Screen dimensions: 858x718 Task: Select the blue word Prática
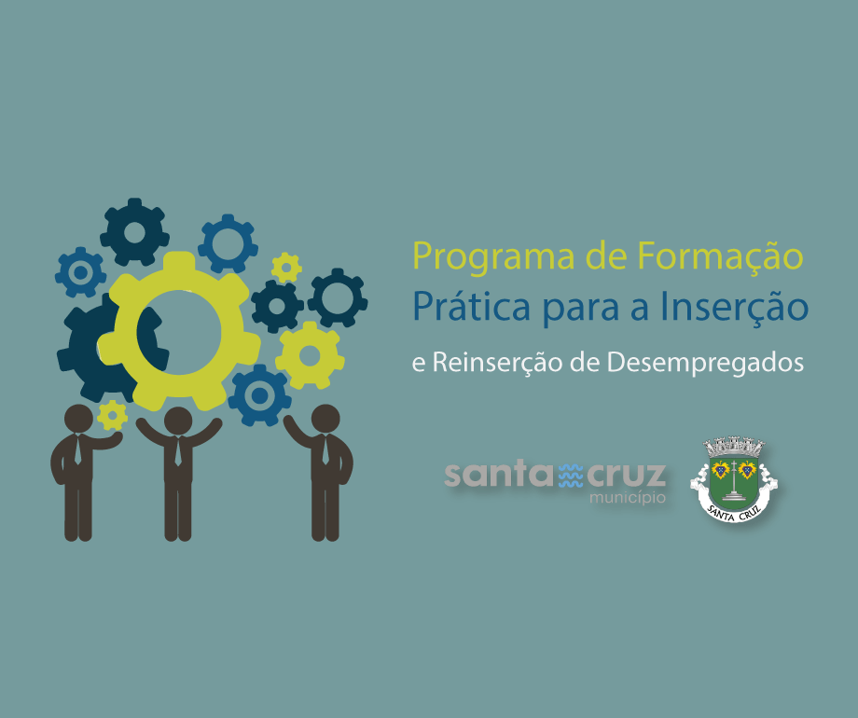[x=471, y=307]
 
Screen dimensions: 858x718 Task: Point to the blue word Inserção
[x=734, y=308]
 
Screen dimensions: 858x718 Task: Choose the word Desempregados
[x=705, y=363]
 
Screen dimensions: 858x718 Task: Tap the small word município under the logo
[x=628, y=498]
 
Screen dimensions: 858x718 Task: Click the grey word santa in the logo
[x=500, y=475]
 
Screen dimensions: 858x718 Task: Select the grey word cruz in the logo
[x=627, y=475]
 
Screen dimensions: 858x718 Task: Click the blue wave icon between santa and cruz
[x=571, y=476]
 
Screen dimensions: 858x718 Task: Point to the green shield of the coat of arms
[x=734, y=481]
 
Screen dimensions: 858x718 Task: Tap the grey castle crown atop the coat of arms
[x=734, y=446]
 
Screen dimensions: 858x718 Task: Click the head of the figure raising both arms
[x=178, y=421]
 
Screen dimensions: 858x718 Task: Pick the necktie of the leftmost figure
[x=77, y=450]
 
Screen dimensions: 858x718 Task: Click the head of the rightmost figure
[x=325, y=419]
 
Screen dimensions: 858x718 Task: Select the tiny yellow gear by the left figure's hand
[x=112, y=415]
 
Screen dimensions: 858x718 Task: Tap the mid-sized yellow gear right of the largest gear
[x=310, y=355]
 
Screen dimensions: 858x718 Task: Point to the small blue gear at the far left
[x=80, y=272]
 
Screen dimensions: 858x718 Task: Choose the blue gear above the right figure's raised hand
[x=259, y=395]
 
